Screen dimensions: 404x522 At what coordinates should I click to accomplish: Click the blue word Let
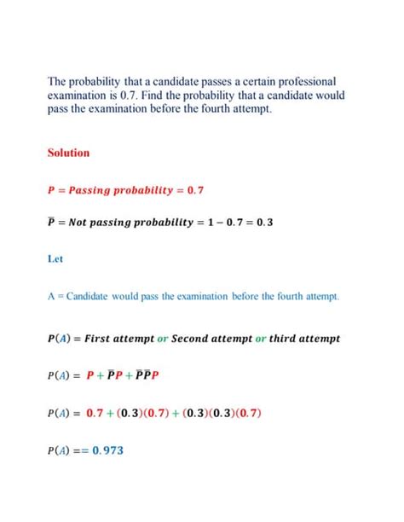pyautogui.click(x=55, y=262)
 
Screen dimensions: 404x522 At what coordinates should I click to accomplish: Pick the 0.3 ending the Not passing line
pyautogui.click(x=261, y=223)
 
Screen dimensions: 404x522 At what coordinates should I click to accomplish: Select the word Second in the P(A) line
pyautogui.click(x=192, y=338)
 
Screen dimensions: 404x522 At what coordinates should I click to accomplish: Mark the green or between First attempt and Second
pyautogui.click(x=162, y=338)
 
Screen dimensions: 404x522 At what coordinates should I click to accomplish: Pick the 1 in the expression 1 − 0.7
pyautogui.click(x=198, y=223)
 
